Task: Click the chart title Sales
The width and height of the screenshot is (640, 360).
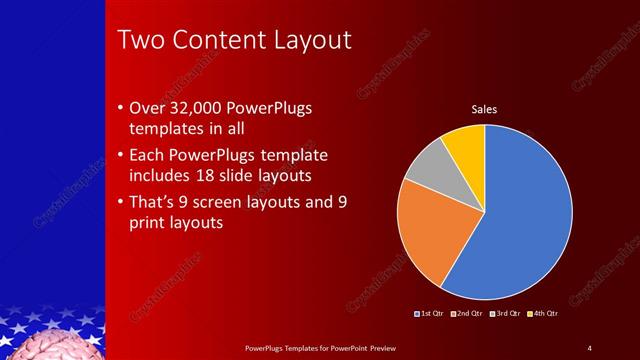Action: (x=485, y=109)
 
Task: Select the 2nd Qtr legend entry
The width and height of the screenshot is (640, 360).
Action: (x=468, y=313)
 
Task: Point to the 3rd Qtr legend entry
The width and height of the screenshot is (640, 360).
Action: (x=505, y=313)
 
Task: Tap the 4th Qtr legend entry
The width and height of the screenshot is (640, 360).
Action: (x=542, y=313)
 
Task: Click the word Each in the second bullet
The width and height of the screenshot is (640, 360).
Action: (x=149, y=155)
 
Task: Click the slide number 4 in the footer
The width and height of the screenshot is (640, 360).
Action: (x=589, y=347)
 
